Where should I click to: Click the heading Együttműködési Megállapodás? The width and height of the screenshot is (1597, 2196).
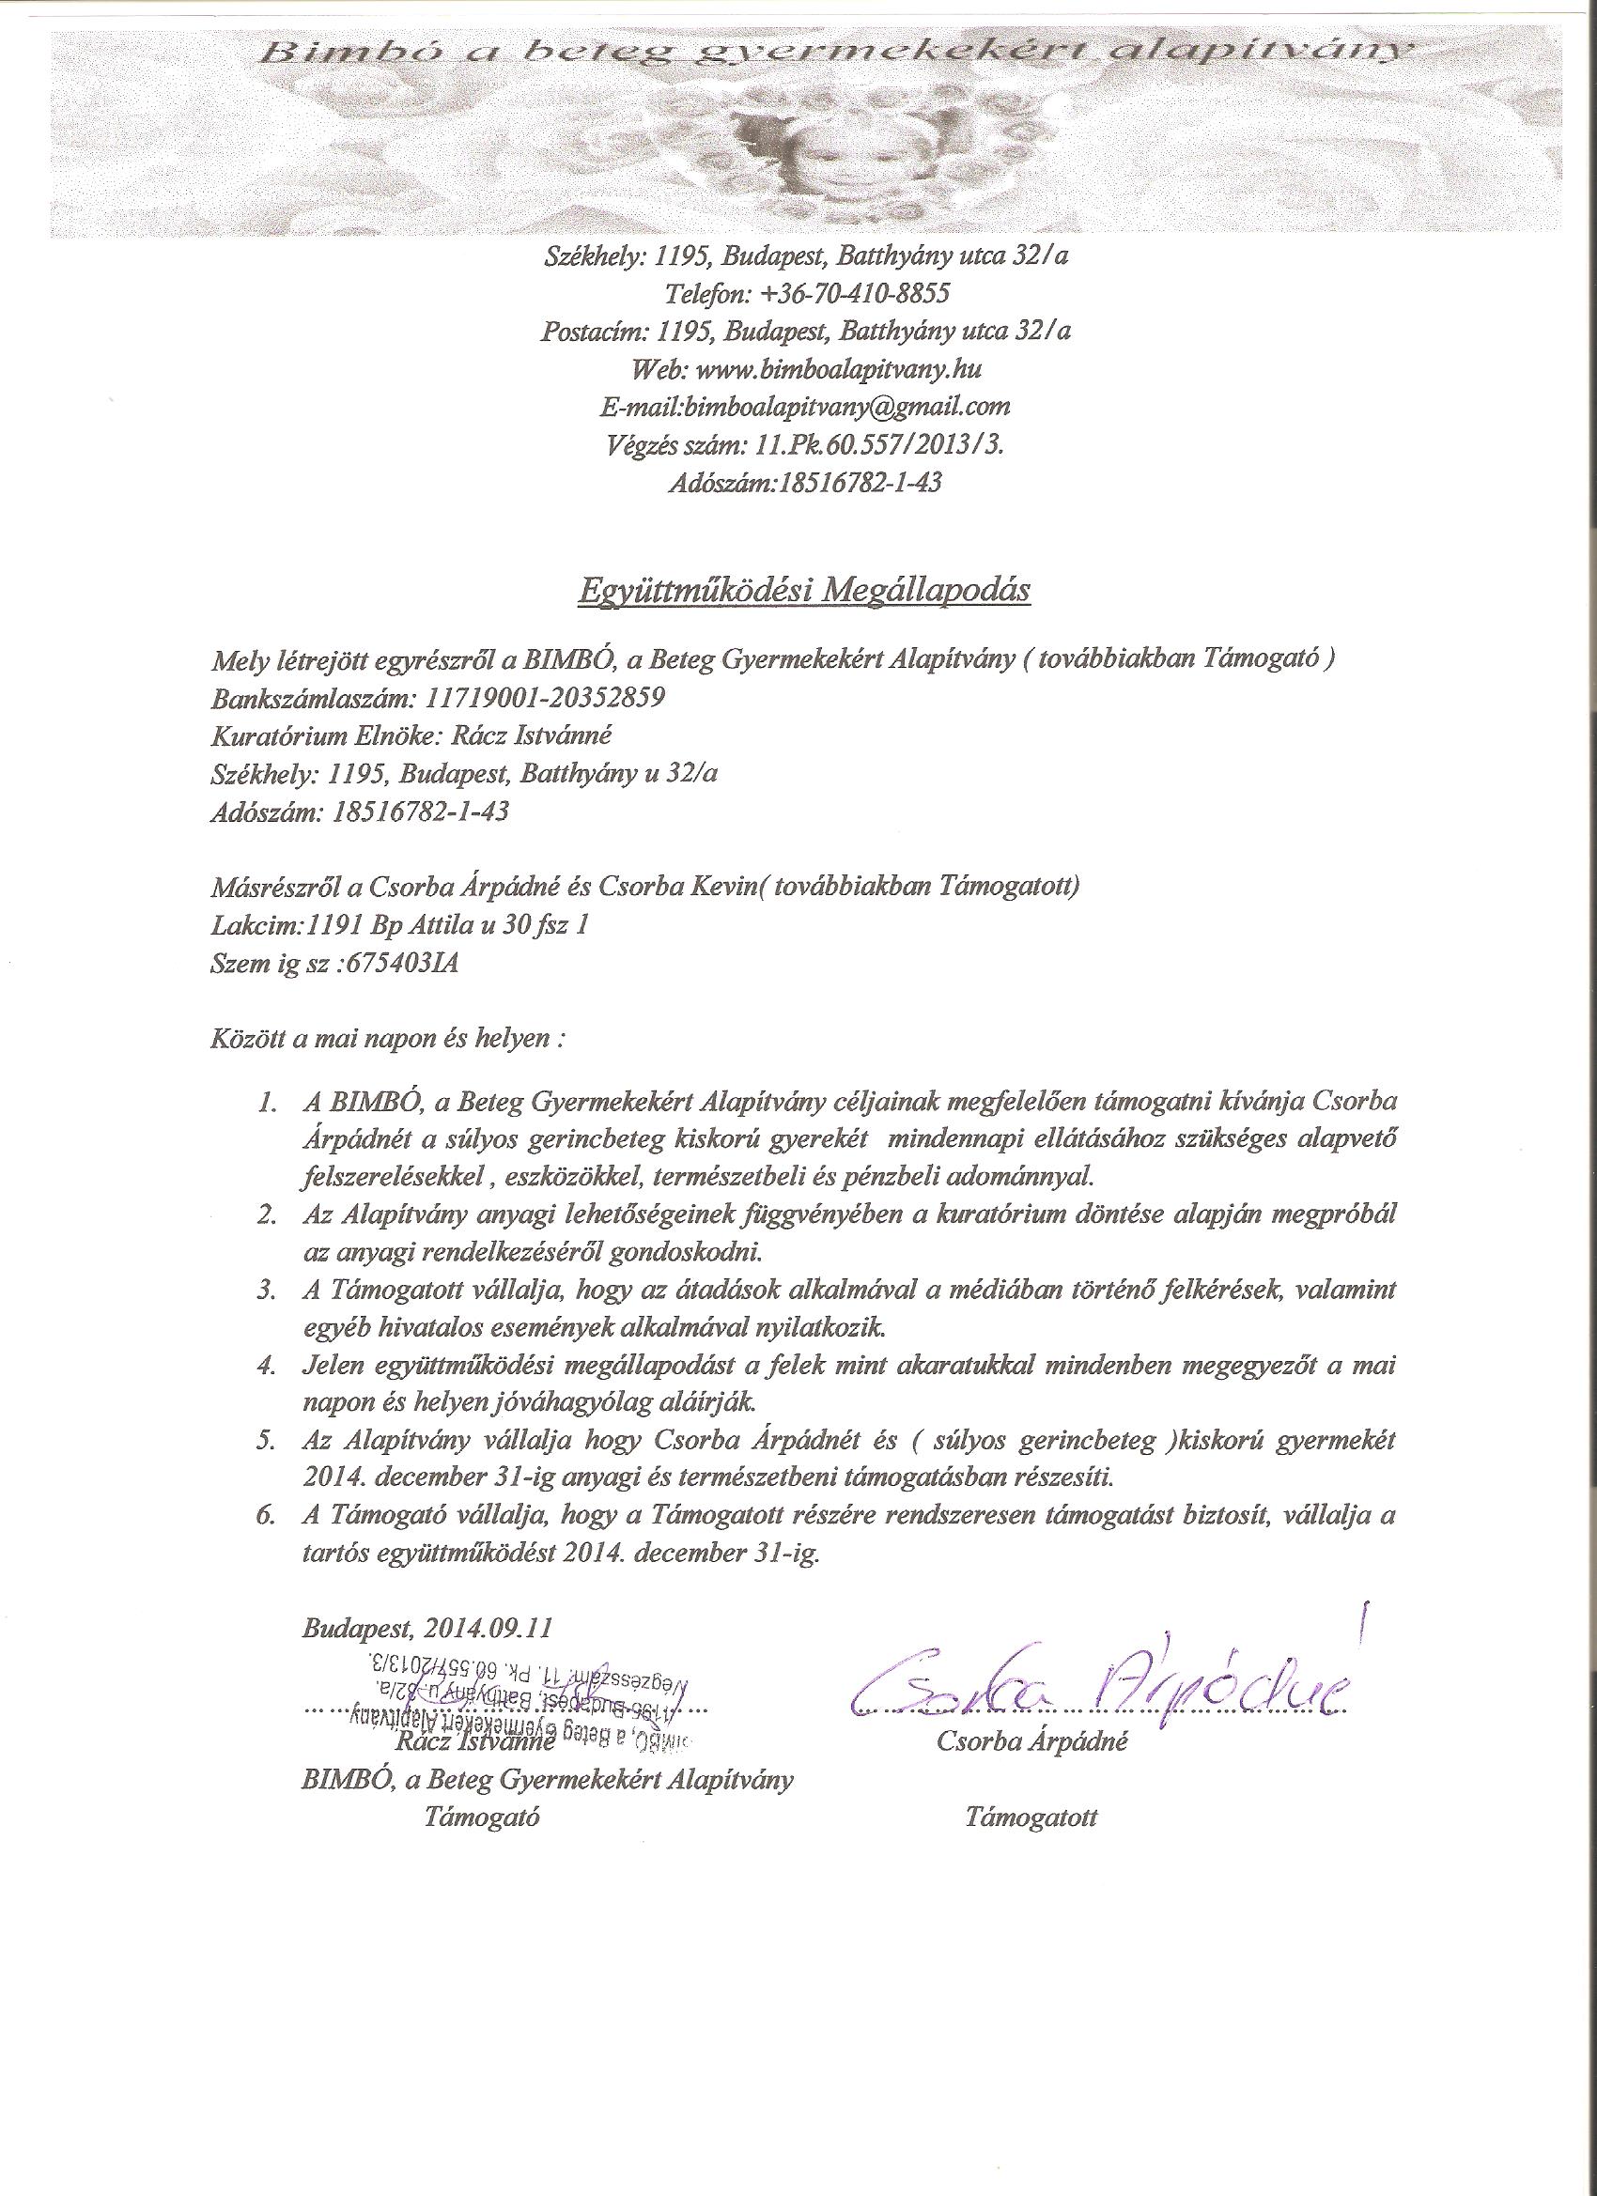[803, 590]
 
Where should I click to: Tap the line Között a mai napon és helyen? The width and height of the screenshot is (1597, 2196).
[386, 1041]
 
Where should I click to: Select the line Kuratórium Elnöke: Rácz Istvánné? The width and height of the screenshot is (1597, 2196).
[411, 735]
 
